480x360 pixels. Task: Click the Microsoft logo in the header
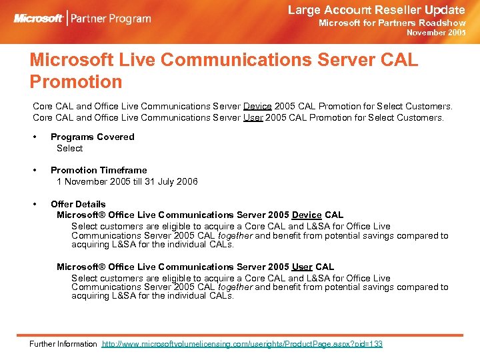tap(39, 18)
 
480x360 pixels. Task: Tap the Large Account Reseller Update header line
tap(376, 10)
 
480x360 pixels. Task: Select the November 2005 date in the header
tap(436, 33)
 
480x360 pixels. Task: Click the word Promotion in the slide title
tap(76, 82)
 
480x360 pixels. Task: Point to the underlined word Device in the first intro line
tap(257, 106)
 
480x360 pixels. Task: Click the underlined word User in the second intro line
tap(253, 117)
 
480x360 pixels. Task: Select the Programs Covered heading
tap(92, 137)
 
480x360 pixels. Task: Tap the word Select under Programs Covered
tap(69, 148)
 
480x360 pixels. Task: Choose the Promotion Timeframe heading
tap(99, 170)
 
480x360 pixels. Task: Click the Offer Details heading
tap(78, 204)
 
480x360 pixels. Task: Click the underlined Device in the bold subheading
tap(307, 215)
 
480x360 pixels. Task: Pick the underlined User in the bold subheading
tap(303, 267)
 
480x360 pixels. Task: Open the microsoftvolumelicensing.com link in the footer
tap(242, 344)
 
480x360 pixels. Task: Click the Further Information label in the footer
tap(63, 344)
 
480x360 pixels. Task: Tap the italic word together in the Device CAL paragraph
tap(235, 235)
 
